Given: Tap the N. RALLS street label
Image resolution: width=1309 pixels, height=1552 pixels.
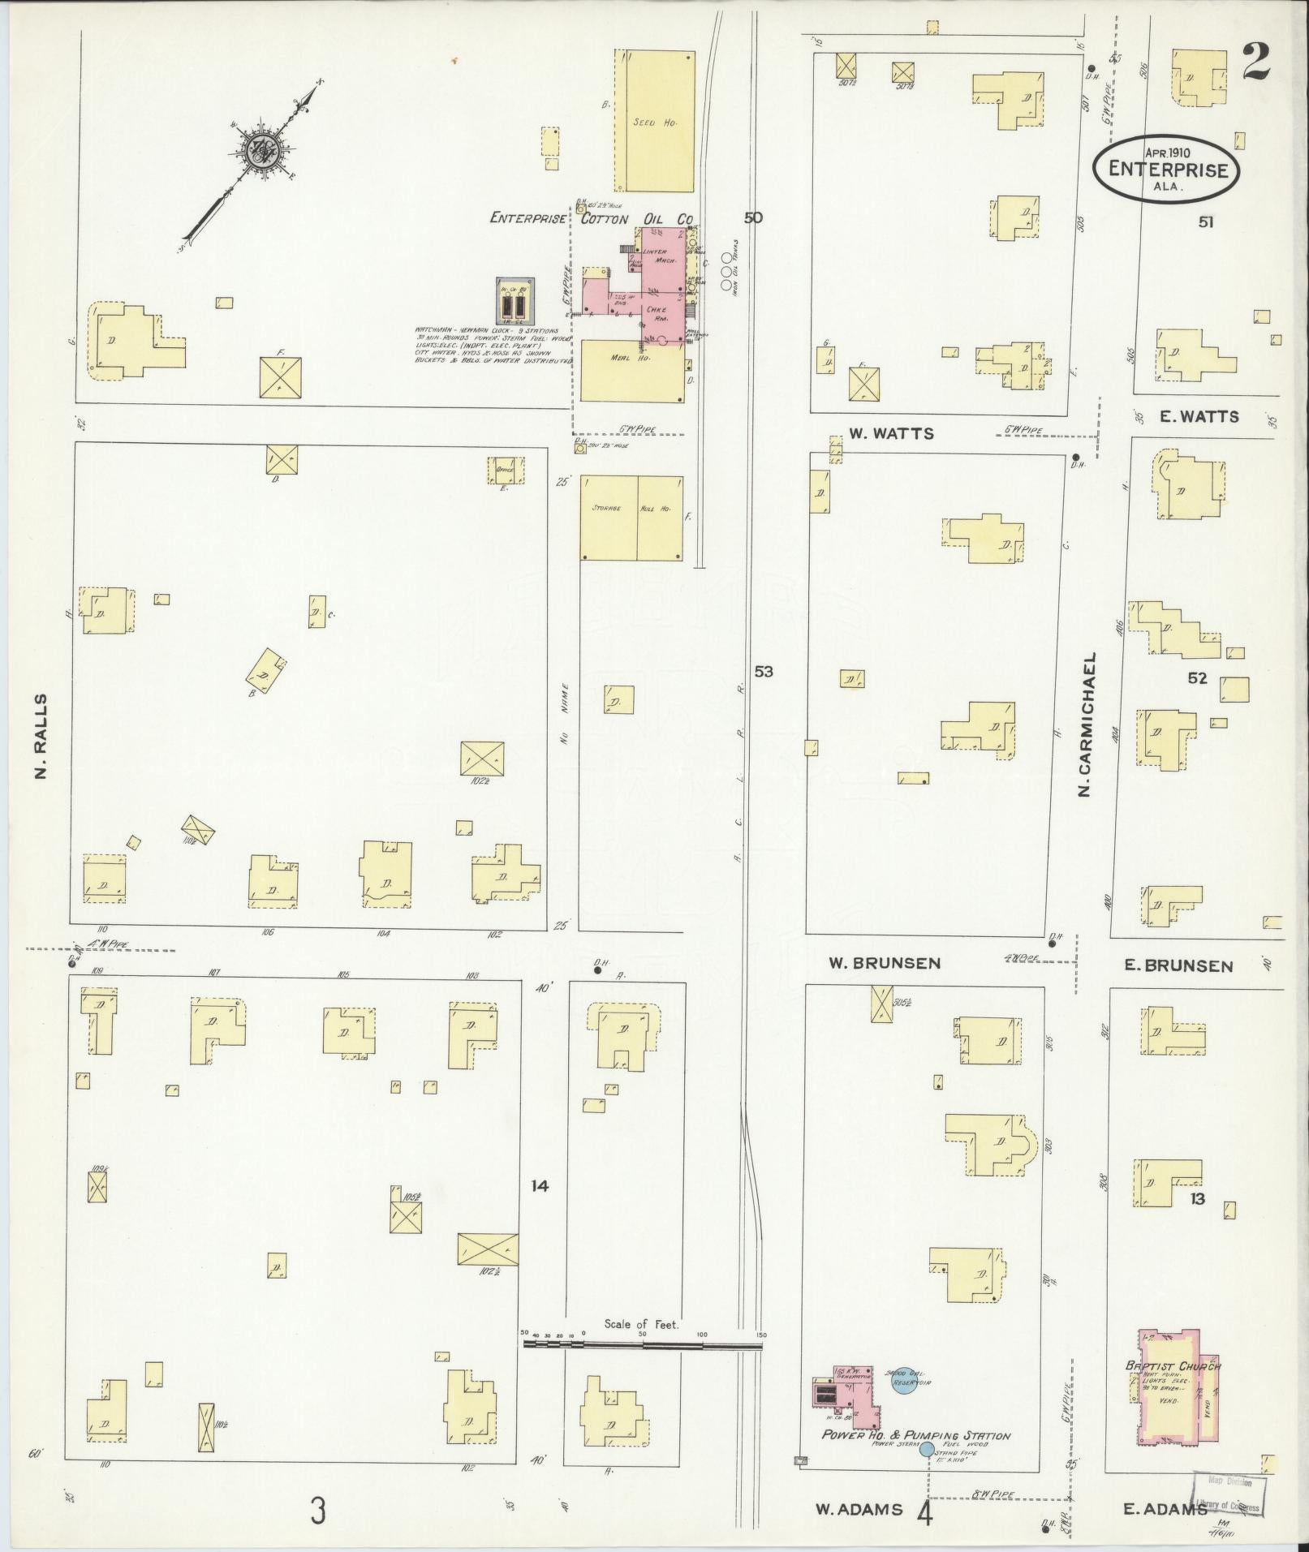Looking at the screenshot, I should pos(41,736).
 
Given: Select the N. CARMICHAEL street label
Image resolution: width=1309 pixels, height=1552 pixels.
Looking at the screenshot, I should pos(1088,724).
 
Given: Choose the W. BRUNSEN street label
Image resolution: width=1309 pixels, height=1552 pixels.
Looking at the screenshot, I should pos(884,963).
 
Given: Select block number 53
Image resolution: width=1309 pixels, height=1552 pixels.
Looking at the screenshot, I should pos(763,671).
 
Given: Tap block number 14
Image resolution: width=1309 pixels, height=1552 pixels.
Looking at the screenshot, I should pos(540,1186).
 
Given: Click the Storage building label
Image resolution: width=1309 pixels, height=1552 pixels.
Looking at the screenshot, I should pos(607,508).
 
